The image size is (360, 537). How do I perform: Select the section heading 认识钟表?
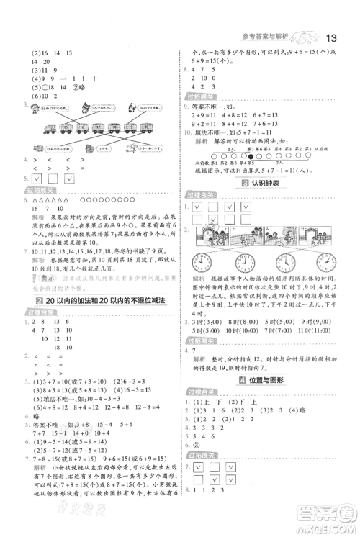pos(269,186)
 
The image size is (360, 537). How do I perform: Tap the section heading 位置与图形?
pos(269,378)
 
